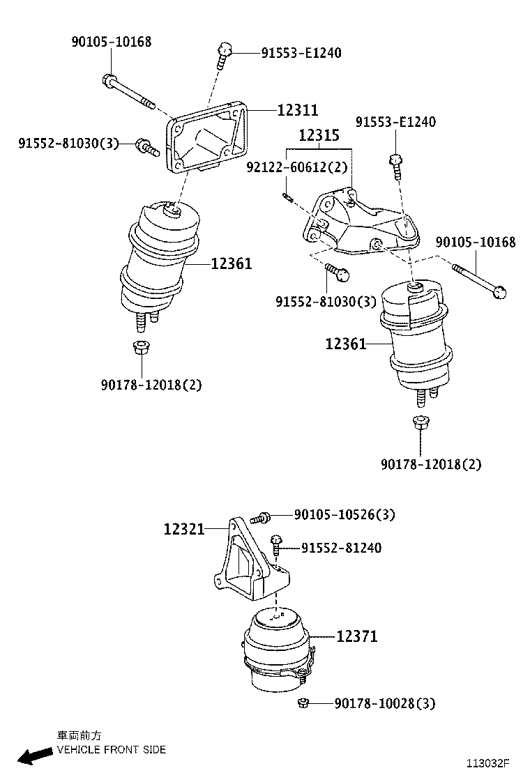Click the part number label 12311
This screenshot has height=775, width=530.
[x=297, y=110]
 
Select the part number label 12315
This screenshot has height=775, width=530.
[x=319, y=136]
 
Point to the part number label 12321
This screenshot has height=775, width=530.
[x=184, y=529]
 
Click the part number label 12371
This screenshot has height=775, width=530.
[x=356, y=636]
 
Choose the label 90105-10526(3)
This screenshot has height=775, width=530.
[x=344, y=515]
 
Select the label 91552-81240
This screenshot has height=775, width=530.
[x=341, y=548]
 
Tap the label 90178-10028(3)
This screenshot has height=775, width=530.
[x=384, y=704]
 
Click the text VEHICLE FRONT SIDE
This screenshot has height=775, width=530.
[x=111, y=750]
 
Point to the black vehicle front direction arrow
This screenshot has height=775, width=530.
[x=34, y=755]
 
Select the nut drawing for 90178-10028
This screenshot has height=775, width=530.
[x=303, y=703]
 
